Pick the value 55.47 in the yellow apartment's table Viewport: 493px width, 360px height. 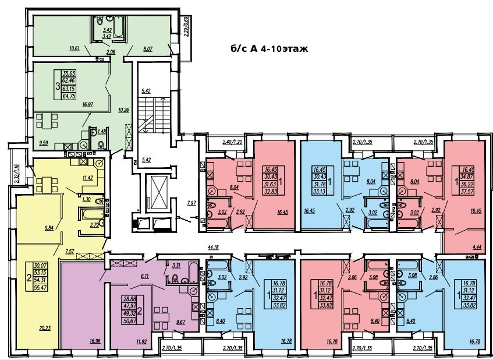click(41, 288)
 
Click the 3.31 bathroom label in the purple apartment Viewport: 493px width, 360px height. click(177, 266)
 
